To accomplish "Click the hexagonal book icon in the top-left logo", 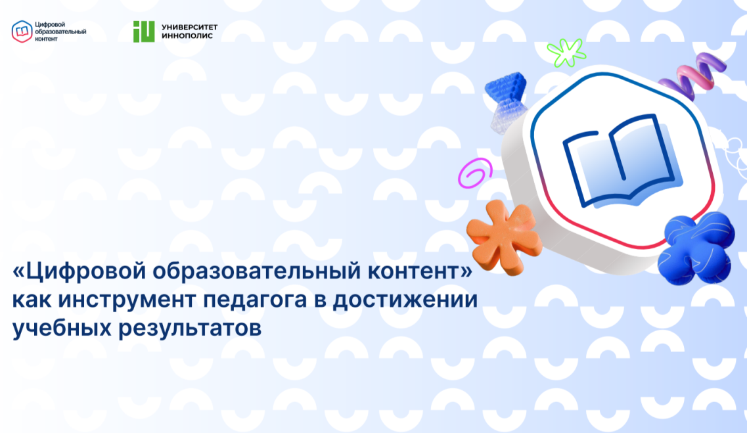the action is click(22, 32).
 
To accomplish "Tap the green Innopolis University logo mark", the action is click(144, 32).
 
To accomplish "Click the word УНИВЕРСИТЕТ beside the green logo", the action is click(190, 27).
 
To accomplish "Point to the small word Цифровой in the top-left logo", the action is click(50, 25).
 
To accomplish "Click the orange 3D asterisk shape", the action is click(503, 237).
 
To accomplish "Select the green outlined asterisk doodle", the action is click(566, 51).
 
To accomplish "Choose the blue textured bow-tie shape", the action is click(507, 101).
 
